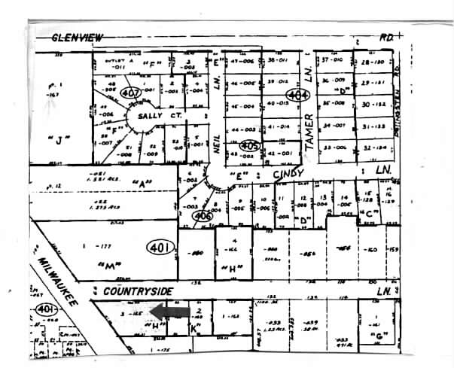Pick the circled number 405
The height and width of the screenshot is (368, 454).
[250, 145]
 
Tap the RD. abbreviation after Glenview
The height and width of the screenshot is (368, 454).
[388, 35]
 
